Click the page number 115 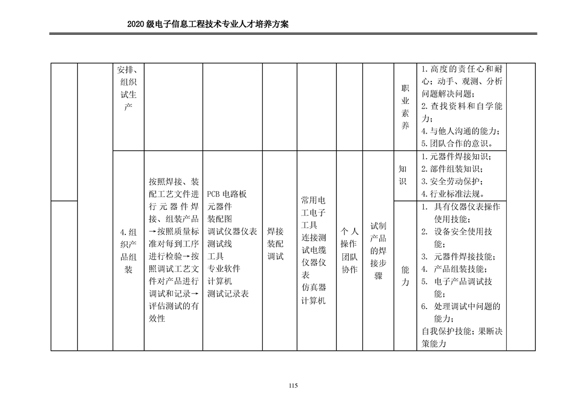pyautogui.click(x=292, y=386)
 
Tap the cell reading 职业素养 pyautogui.click(x=405, y=107)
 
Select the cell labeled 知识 pyautogui.click(x=403, y=175)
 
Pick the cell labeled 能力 pyautogui.click(x=405, y=276)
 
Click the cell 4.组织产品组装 pyautogui.click(x=128, y=251)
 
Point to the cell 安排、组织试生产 pyautogui.click(x=128, y=88)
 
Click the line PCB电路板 pyautogui.click(x=227, y=194)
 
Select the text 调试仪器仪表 pyautogui.click(x=232, y=231)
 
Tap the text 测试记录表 pyautogui.click(x=228, y=294)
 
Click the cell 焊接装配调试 pyautogui.click(x=275, y=244)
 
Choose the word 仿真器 pyautogui.click(x=314, y=288)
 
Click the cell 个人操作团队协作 pyautogui.click(x=349, y=250)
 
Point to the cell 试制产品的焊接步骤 pyautogui.click(x=378, y=251)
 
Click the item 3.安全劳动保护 pyautogui.click(x=452, y=182)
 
